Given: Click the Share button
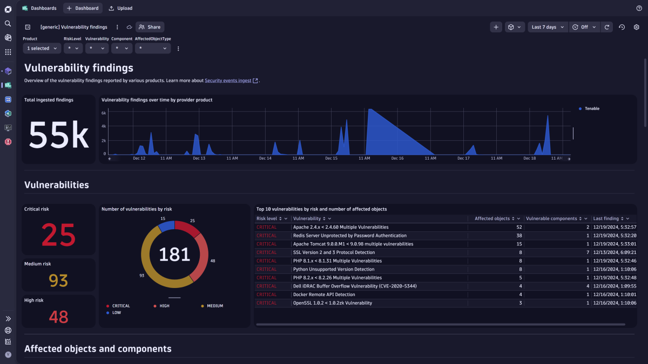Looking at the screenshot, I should point(150,27).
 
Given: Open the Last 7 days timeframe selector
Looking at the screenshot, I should point(548,27).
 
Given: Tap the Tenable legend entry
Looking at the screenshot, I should point(591,108).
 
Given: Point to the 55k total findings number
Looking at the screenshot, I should point(58,135).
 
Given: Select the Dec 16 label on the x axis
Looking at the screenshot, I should point(397,159).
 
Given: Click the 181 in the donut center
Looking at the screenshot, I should point(174,254).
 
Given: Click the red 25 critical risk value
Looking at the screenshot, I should point(58,235).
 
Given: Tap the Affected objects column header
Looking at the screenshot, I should point(492,218).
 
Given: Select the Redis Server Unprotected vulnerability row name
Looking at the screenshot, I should point(349,236).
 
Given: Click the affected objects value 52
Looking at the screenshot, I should point(518,227).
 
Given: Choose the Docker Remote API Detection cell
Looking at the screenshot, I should point(324,294).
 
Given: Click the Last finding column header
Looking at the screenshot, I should point(606,218).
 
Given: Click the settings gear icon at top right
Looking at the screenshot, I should point(636,27).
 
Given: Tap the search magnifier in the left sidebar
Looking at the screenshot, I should point(8,24).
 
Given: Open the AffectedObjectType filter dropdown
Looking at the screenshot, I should point(153,49).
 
